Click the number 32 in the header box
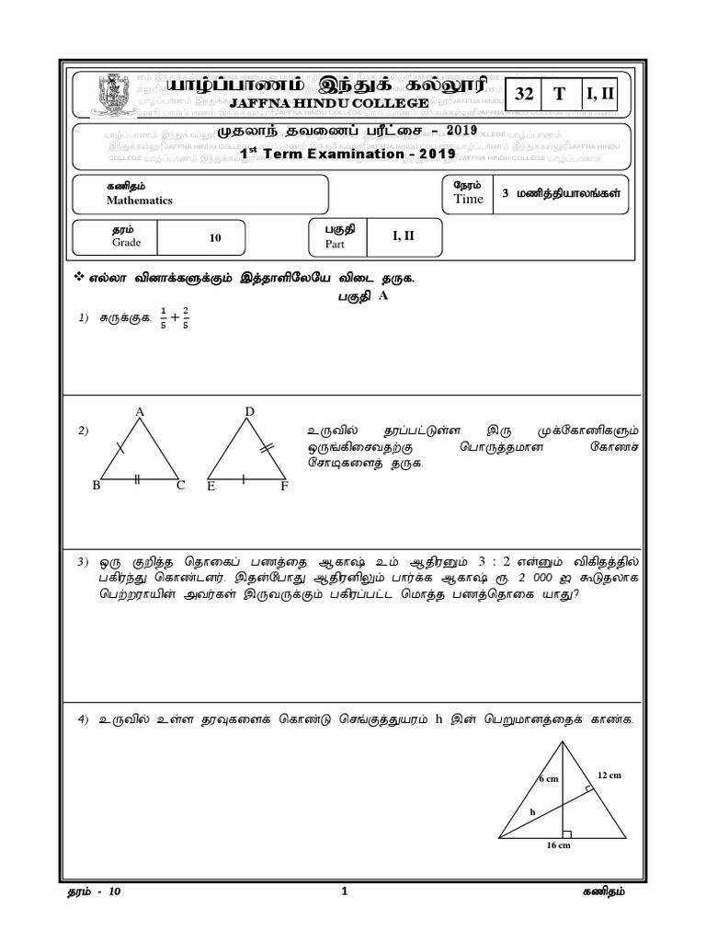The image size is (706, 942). tap(525, 94)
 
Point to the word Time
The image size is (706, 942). tap(468, 200)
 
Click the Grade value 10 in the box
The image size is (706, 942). tap(216, 237)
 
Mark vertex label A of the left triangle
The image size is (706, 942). tap(141, 411)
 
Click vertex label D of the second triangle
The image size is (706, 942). tap(249, 411)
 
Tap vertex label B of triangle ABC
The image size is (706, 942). tap(96, 485)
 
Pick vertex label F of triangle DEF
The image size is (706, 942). tap(284, 486)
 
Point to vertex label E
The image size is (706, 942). tap(211, 486)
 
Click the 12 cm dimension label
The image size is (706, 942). tap(609, 775)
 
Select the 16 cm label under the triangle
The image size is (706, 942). tap(559, 845)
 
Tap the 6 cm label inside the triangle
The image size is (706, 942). tap(549, 779)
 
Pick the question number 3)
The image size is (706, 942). tap(82, 560)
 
